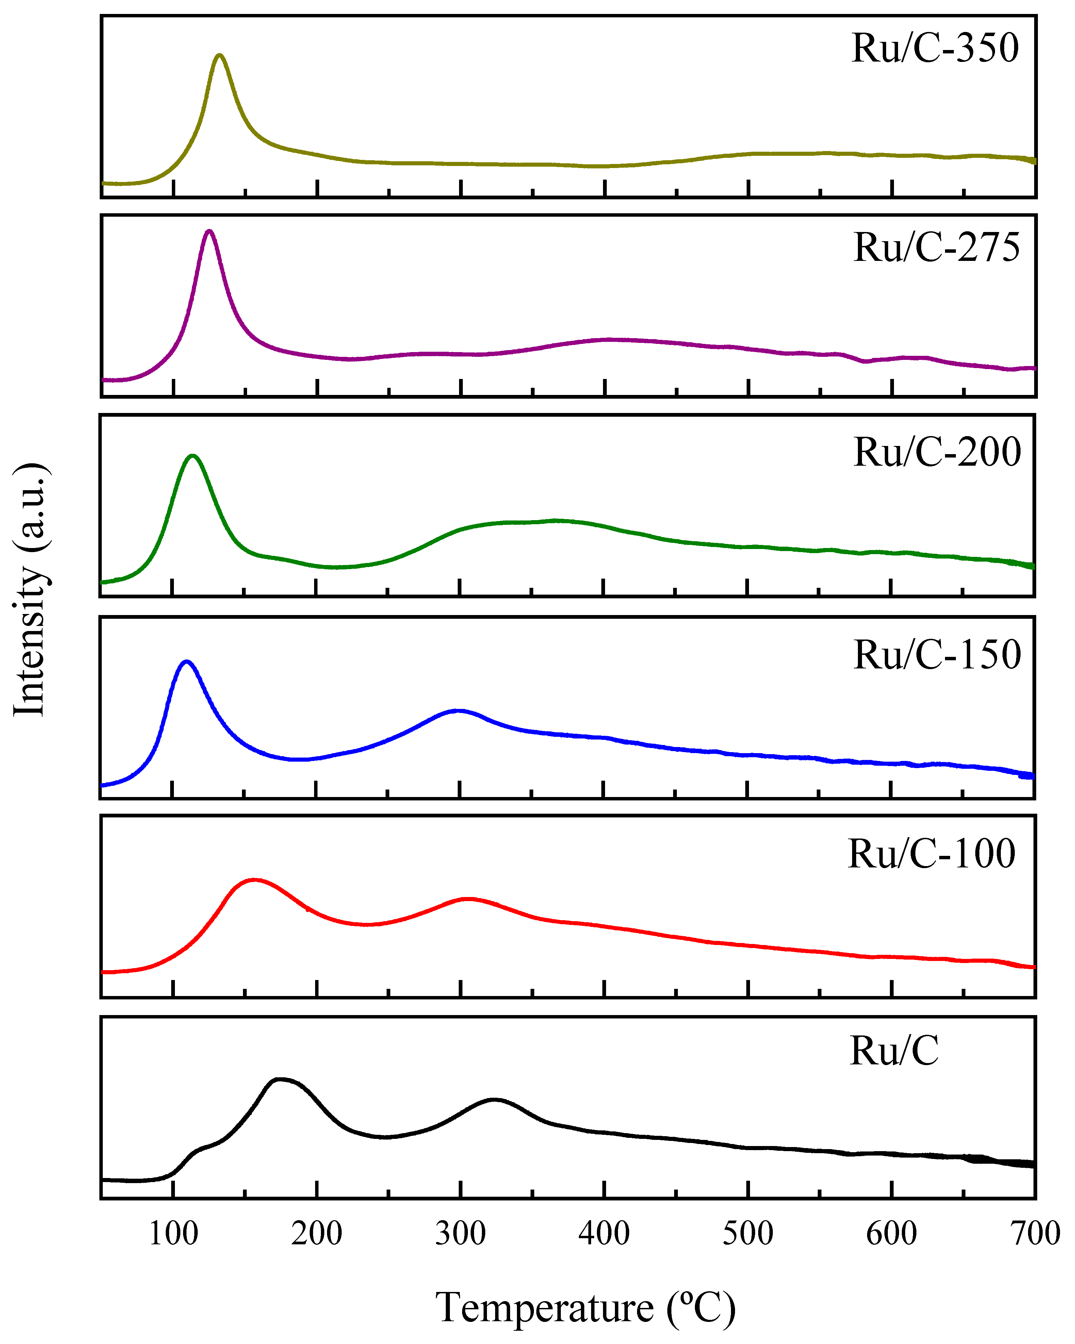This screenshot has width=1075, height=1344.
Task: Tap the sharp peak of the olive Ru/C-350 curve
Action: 219,55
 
